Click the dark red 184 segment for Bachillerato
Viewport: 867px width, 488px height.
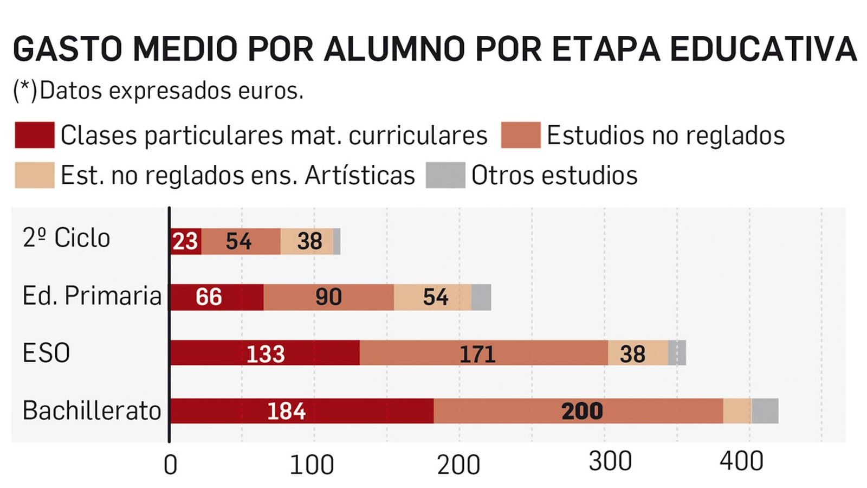pos(301,410)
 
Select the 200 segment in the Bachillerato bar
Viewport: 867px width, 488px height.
pos(578,410)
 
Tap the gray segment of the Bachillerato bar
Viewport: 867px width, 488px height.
pos(765,410)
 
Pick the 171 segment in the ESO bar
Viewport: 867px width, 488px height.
pos(483,353)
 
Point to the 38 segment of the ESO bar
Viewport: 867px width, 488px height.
pos(637,353)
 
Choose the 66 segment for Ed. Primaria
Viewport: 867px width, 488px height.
pos(217,297)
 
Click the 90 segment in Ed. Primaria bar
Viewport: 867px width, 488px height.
pos(328,297)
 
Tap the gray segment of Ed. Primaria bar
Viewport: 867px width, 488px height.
pos(481,297)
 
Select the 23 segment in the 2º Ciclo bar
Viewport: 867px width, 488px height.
pos(186,241)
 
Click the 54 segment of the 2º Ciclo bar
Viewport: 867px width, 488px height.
pos(241,241)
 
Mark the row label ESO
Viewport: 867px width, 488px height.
pos(46,353)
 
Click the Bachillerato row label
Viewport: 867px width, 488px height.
pos(92,410)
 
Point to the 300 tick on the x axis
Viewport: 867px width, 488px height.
pos(610,461)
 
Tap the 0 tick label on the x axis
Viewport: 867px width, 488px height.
pos(170,465)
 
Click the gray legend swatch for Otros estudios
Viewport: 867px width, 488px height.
pos(445,175)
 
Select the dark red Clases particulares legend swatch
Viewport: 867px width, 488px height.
pos(34,135)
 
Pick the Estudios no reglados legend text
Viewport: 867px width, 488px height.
pos(665,135)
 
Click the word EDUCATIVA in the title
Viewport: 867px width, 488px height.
pos(763,49)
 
